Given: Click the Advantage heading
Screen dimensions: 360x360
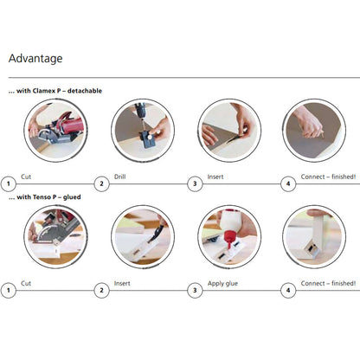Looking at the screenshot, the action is pos(35,59).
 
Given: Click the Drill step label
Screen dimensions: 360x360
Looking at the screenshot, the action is pos(119,177).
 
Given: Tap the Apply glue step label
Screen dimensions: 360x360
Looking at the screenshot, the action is pos(222,284).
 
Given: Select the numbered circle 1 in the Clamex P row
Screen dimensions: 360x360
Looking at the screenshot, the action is pos(9,183).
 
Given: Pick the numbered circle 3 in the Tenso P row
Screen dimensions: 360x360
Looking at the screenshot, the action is pos(195,290).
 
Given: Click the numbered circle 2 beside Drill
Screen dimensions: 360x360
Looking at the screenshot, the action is pos(101,183).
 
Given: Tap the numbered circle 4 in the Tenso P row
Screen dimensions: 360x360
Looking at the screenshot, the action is pos(288,290).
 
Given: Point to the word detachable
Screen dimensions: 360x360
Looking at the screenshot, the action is pos(85,91).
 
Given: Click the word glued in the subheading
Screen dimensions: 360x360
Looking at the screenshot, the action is pos(72,197).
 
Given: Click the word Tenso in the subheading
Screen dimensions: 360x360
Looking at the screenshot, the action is pos(42,197).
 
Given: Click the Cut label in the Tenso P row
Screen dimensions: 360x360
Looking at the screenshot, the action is pos(26,283).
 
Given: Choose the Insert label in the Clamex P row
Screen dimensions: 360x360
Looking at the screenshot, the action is pos(215,177).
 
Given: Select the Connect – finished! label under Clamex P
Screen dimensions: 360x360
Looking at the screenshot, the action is pos(328,177).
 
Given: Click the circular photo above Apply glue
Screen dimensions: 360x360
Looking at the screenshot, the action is pos(229,237).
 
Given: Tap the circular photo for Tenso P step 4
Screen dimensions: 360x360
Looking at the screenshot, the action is pos(314,237).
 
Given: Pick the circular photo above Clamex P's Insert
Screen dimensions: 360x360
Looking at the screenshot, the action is pos(229,131).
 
